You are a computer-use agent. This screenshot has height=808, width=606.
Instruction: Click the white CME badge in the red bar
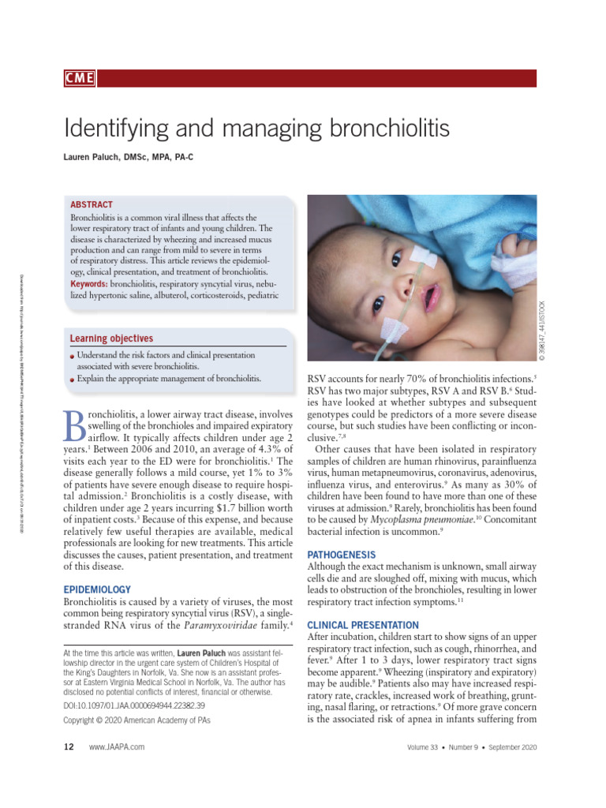point(80,78)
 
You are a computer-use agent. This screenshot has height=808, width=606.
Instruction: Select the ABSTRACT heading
point(92,204)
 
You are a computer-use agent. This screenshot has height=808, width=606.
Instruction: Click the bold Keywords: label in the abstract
point(89,283)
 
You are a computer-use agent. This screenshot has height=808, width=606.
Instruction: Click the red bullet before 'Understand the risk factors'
point(72,357)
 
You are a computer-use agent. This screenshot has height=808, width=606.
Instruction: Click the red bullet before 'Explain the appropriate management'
point(72,380)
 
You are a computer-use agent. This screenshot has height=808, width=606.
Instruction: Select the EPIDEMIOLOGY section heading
point(97,589)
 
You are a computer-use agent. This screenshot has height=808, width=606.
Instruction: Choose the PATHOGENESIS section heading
point(342,555)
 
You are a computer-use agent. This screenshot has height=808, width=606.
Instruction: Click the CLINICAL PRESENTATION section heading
point(363,625)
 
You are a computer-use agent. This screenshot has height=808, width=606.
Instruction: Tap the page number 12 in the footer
point(68,746)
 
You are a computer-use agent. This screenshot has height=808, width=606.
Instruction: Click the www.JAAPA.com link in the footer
point(117,746)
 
